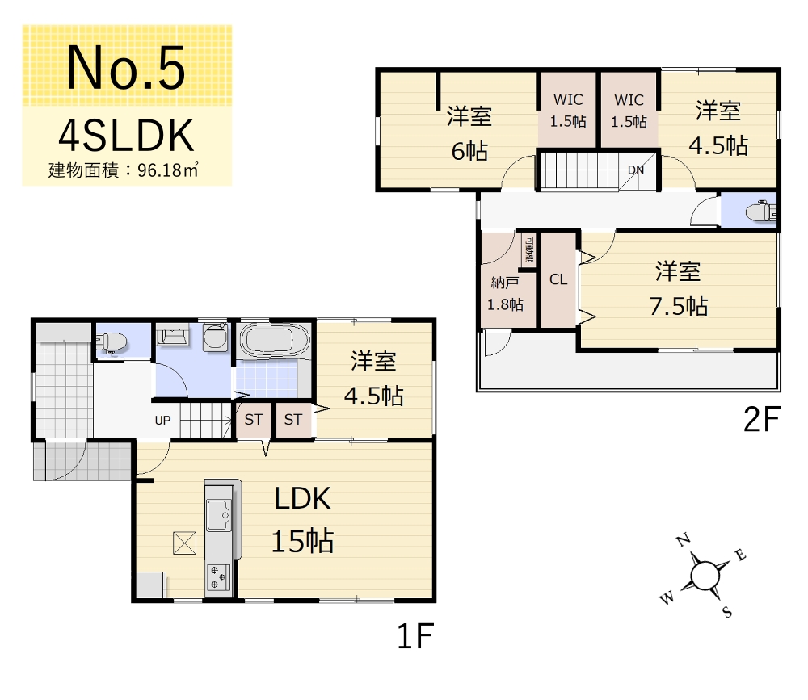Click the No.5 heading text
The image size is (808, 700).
126,68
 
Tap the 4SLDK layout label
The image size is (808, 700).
126,136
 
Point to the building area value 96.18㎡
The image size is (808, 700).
168,170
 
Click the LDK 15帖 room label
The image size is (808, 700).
302,520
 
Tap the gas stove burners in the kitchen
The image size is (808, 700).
218,577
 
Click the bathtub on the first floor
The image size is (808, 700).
275,341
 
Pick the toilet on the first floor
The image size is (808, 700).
112,341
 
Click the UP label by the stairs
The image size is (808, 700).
163,421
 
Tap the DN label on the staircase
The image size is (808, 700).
635,170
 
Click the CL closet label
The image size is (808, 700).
558,279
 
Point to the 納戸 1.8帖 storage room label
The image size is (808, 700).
505,294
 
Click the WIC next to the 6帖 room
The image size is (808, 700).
568,110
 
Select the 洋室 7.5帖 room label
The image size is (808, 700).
678,289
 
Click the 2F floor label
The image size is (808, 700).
762,419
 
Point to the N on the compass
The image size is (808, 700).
684,540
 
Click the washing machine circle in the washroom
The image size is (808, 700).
215,337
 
